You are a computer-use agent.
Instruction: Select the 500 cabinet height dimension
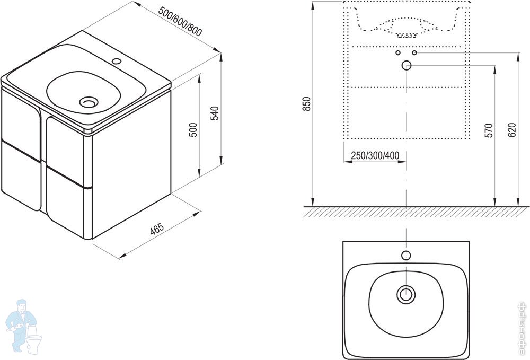[193, 130]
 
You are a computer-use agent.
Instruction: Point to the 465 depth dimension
[157, 229]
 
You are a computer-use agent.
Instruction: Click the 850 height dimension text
[307, 104]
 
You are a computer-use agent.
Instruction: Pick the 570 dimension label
[489, 130]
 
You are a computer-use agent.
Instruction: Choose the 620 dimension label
[512, 130]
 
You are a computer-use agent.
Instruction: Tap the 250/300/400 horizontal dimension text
[375, 155]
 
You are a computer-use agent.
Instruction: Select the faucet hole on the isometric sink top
[117, 62]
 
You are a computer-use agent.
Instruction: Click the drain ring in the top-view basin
[406, 294]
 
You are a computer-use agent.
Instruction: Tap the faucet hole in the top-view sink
[406, 255]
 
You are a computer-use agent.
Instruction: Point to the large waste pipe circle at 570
[407, 65]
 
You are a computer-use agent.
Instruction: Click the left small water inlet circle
[398, 52]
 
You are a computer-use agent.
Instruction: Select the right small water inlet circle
[414, 52]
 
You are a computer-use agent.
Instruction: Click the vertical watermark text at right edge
[523, 327]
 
